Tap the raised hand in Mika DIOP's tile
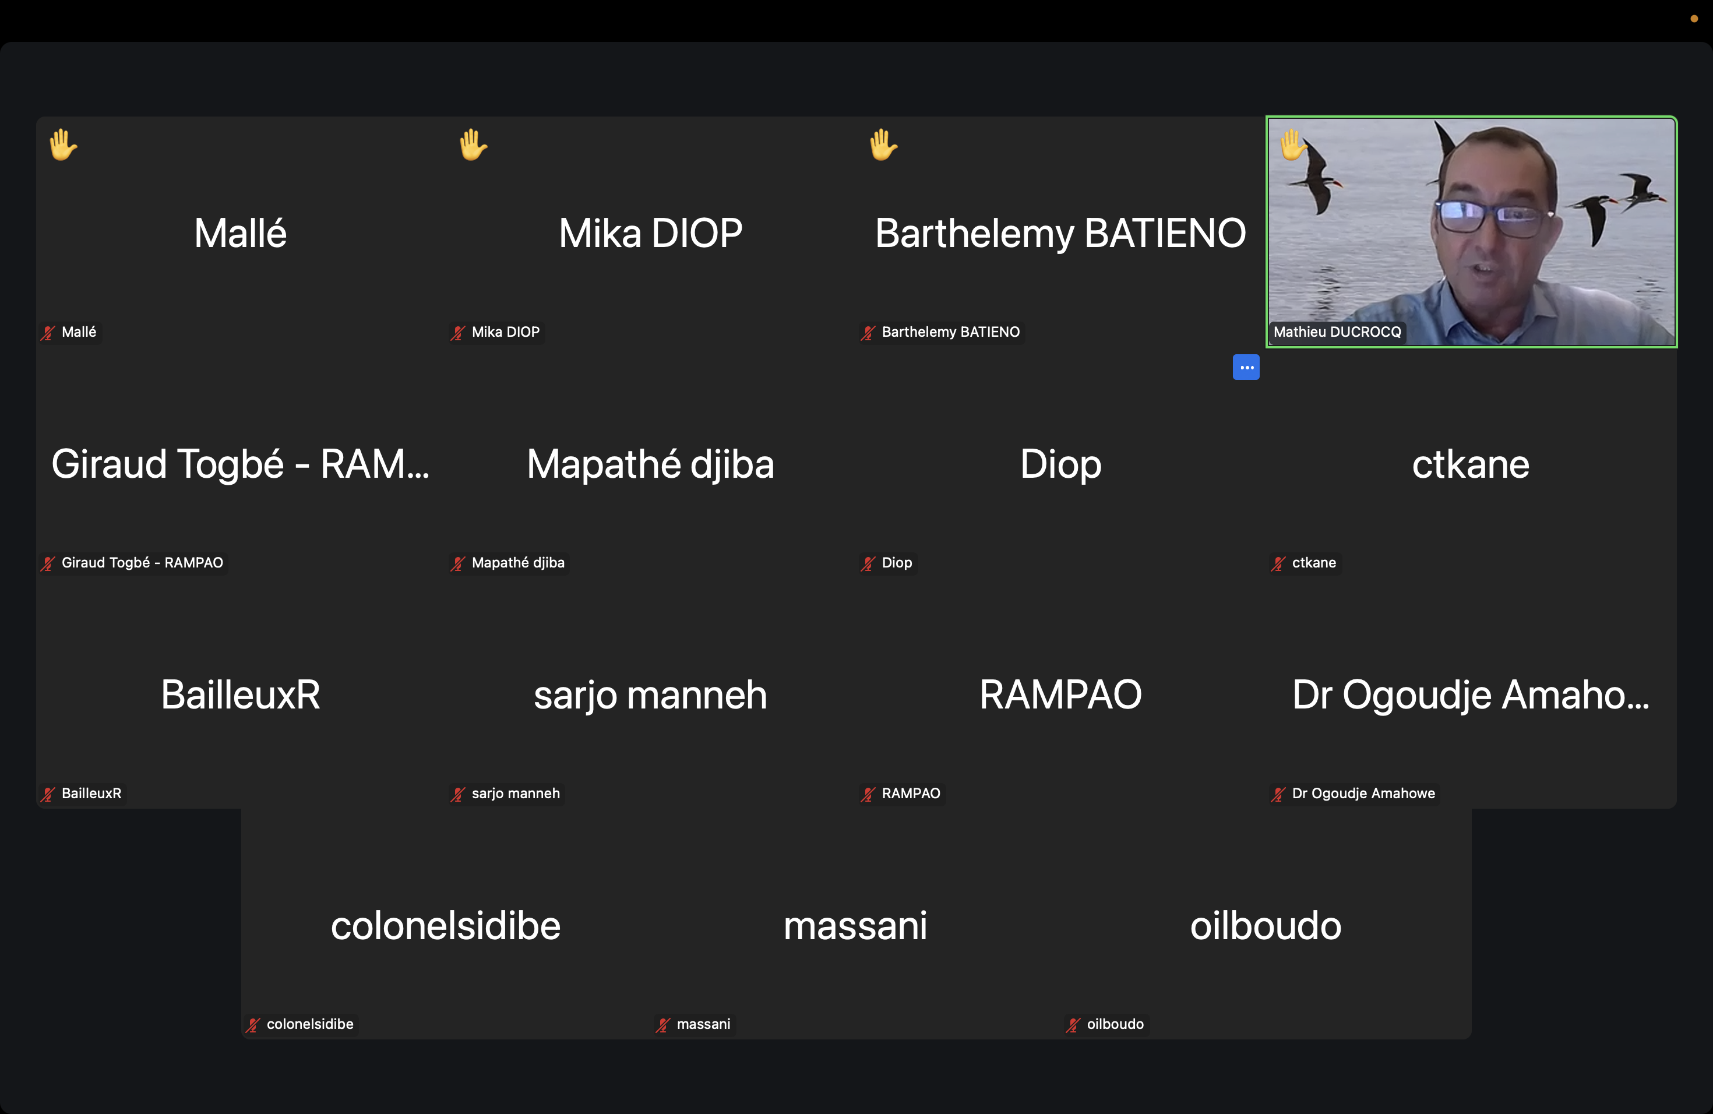click(473, 144)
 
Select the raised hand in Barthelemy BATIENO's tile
click(883, 144)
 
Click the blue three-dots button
click(1246, 367)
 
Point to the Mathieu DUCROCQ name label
click(1337, 332)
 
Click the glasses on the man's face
click(1494, 216)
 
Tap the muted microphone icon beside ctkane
click(1278, 563)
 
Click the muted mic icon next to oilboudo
click(1073, 1025)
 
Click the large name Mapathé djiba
click(651, 464)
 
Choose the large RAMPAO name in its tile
click(1060, 695)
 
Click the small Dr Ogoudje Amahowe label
click(1363, 793)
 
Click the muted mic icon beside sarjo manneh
click(458, 795)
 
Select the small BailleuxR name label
click(91, 793)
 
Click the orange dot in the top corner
click(1694, 19)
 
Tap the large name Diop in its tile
click(1060, 464)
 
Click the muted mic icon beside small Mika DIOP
click(458, 333)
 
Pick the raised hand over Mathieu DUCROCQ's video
click(1293, 144)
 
